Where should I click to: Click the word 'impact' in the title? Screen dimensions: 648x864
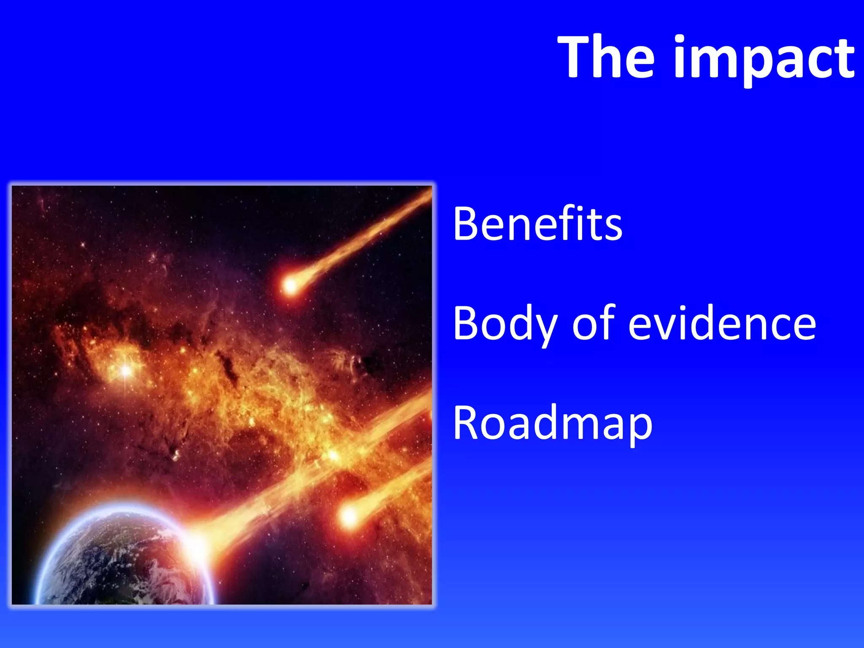point(764,59)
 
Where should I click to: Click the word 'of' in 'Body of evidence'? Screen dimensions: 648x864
point(594,323)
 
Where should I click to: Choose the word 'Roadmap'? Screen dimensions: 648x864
point(552,423)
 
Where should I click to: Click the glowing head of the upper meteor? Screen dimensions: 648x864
point(290,286)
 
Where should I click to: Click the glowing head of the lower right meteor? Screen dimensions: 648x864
point(349,516)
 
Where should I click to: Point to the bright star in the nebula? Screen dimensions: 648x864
point(126,370)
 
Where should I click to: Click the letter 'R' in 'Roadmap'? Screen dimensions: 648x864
point(467,423)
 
